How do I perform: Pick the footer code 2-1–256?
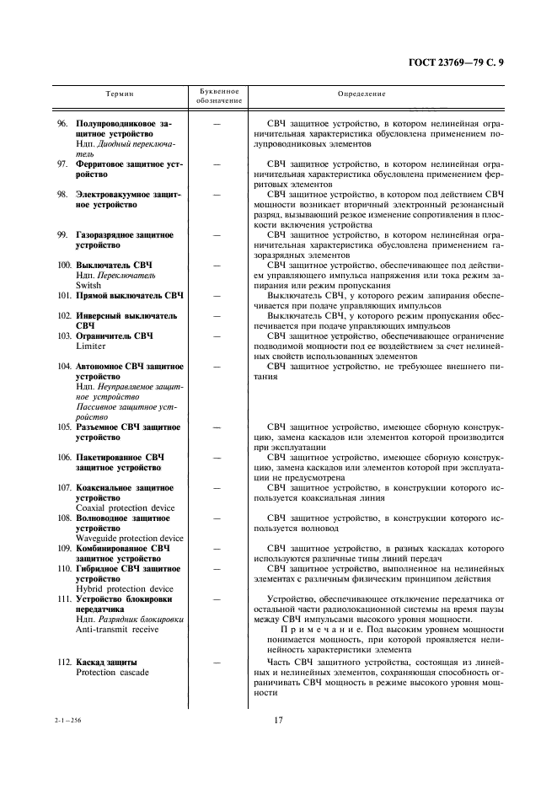point(66,720)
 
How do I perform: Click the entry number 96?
point(62,124)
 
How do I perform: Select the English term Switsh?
point(90,285)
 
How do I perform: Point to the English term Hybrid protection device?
point(124,589)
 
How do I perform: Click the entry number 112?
point(64,662)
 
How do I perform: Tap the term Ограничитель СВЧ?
point(115,336)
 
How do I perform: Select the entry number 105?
point(64,427)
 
